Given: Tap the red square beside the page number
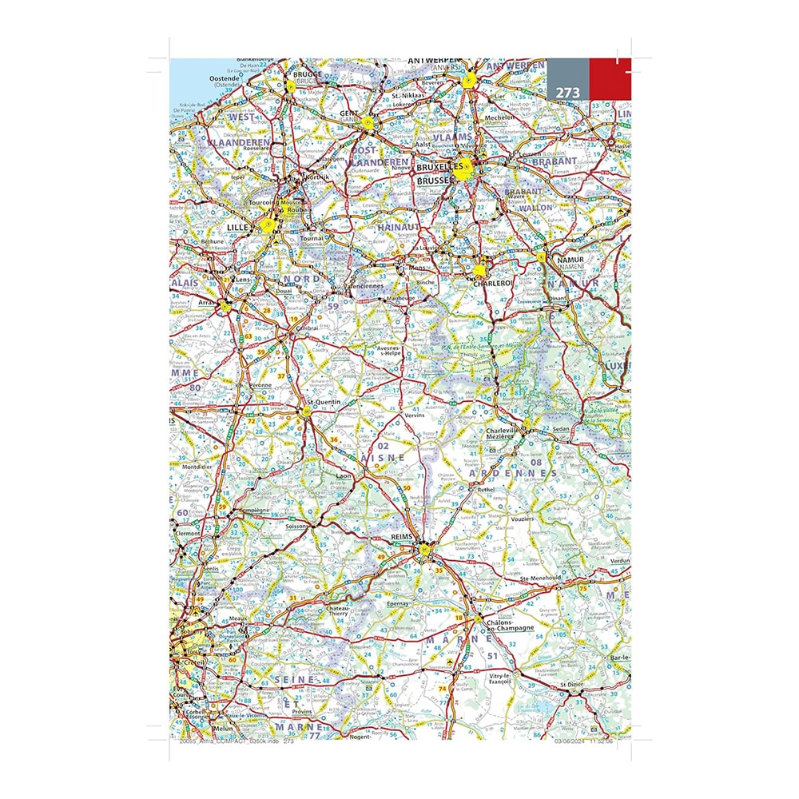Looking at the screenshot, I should tap(610, 79).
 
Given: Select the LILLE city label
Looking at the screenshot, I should tap(239, 228).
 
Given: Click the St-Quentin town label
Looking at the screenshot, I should tap(324, 402).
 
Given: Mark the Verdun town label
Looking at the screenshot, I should tap(618, 561).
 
